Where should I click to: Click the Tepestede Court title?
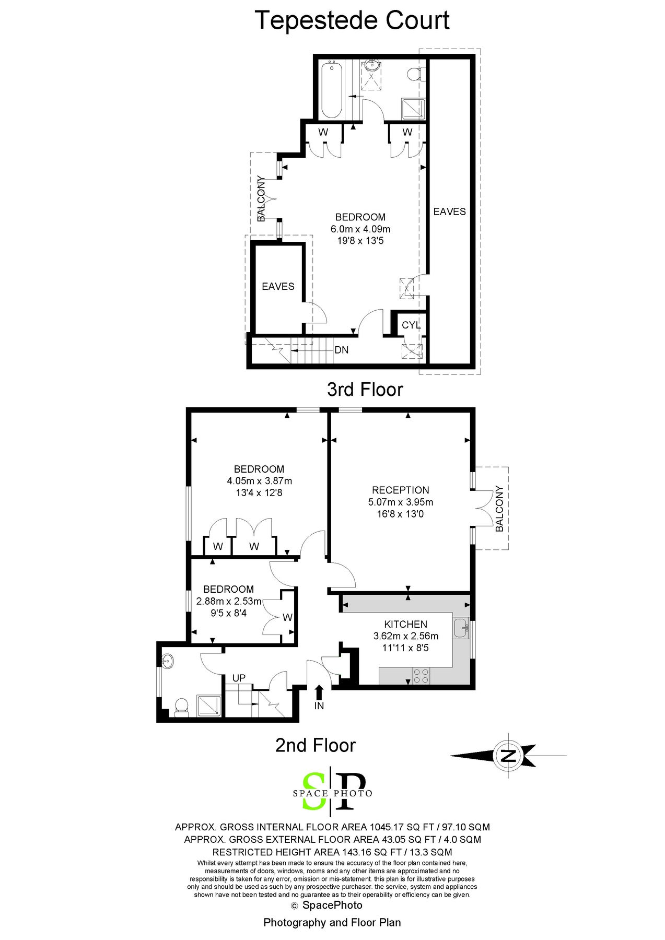click(352, 21)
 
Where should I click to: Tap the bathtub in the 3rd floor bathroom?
click(331, 90)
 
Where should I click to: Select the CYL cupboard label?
click(411, 325)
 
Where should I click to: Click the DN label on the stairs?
click(342, 350)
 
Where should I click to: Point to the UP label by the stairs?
click(239, 678)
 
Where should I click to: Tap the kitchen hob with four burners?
click(421, 676)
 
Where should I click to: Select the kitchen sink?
click(461, 628)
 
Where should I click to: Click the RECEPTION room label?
click(401, 490)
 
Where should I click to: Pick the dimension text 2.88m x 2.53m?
click(229, 601)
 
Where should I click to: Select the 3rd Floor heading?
click(365, 390)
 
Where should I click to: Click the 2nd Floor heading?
click(316, 745)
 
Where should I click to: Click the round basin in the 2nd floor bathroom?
click(168, 662)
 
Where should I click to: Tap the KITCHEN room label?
click(406, 624)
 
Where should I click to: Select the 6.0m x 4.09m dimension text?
click(360, 229)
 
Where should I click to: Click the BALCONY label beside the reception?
click(499, 509)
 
